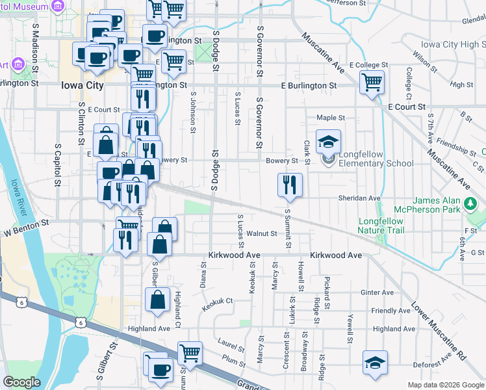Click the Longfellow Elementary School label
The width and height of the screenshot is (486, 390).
pyautogui.click(x=372, y=159)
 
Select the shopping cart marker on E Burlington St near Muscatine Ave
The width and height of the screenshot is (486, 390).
pyautogui.click(x=372, y=83)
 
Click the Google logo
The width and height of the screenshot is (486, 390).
pyautogui.click(x=21, y=382)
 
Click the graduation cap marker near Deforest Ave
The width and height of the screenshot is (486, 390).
pyautogui.click(x=376, y=362)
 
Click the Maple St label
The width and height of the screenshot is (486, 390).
pyautogui.click(x=330, y=118)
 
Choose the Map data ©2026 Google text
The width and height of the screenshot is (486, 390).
pyautogui.click(x=445, y=385)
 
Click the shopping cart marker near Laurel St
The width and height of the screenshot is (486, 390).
pyautogui.click(x=190, y=353)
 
